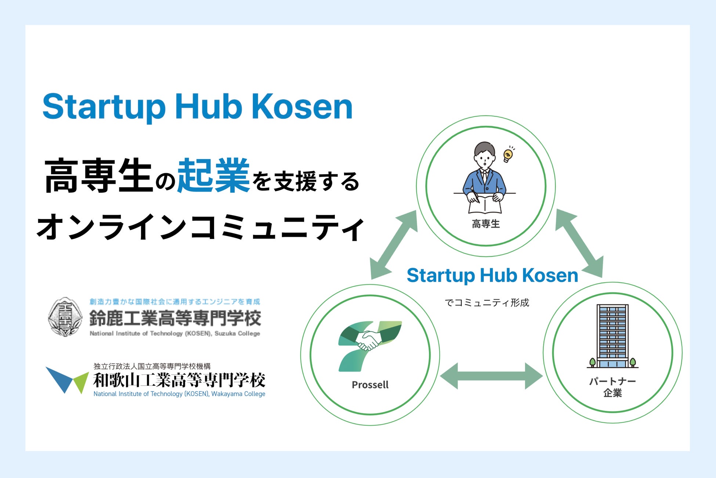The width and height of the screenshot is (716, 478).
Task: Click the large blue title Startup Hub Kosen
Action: click(198, 107)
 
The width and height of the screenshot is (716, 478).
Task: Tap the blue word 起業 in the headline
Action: click(213, 176)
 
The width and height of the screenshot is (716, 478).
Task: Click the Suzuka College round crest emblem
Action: click(65, 317)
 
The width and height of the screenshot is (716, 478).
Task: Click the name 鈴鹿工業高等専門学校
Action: click(175, 318)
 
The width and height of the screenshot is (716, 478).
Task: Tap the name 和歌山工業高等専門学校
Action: click(179, 380)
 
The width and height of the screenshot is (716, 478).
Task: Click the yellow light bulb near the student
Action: click(508, 155)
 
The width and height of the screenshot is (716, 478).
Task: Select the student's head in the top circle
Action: click(484, 155)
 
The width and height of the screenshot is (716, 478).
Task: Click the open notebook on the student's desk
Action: click(485, 204)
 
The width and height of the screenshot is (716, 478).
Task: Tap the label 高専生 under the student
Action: click(486, 224)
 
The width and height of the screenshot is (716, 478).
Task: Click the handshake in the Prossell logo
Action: click(368, 340)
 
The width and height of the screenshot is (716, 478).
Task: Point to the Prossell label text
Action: click(370, 385)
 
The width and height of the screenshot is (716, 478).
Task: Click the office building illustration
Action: click(612, 336)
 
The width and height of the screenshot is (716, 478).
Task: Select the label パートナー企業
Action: click(612, 387)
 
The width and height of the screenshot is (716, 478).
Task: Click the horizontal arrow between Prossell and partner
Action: click(491, 376)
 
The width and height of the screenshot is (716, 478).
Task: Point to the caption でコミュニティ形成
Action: click(487, 303)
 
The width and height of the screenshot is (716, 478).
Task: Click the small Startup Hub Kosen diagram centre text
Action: click(492, 275)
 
